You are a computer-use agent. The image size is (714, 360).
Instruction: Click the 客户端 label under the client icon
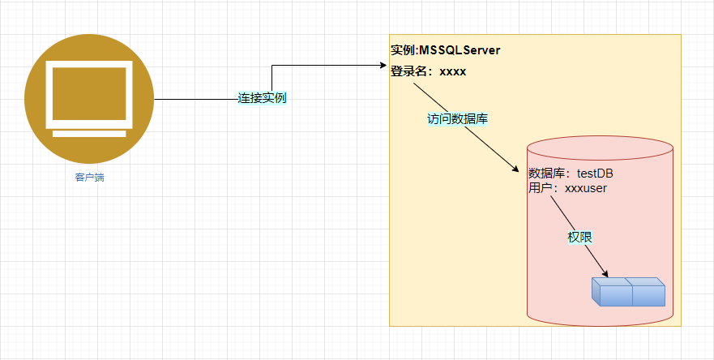pyautogui.click(x=89, y=178)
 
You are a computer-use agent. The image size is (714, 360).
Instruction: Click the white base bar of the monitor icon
pyautogui.click(x=89, y=134)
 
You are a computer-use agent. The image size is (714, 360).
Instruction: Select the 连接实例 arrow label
pyautogui.click(x=262, y=98)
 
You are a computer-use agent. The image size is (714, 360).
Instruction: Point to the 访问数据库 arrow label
pyautogui.click(x=457, y=118)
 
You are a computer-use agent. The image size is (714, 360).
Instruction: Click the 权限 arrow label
pyautogui.click(x=579, y=238)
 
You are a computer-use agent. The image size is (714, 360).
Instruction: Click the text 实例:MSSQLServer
pyautogui.click(x=445, y=50)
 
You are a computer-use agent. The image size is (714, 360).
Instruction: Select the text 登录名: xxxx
pyautogui.click(x=428, y=71)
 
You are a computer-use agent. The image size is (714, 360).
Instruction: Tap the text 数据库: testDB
pyautogui.click(x=571, y=173)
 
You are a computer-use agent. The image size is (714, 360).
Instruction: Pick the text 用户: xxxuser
pyautogui.click(x=567, y=187)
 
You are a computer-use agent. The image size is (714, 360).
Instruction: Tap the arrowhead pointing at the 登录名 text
pyautogui.click(x=384, y=64)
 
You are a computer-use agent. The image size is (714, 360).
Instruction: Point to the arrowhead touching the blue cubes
pyautogui.click(x=604, y=274)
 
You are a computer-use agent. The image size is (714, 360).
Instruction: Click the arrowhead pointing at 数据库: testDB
pyautogui.click(x=515, y=168)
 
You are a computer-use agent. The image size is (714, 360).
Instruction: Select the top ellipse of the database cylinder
pyautogui.click(x=600, y=151)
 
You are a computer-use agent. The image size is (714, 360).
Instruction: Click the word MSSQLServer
pyautogui.click(x=460, y=50)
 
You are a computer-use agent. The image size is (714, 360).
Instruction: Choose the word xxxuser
pyautogui.click(x=586, y=187)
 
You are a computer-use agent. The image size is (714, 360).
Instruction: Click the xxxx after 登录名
pyautogui.click(x=452, y=71)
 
